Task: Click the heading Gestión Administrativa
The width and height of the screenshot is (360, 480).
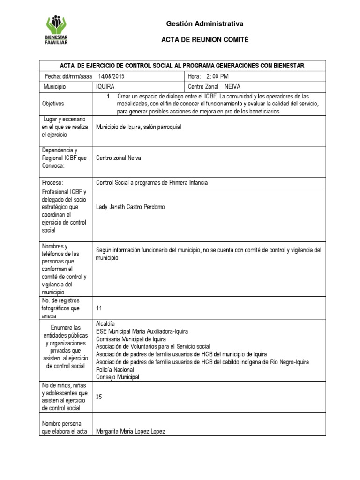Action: point(205,24)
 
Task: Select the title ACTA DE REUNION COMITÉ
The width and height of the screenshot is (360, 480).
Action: point(205,41)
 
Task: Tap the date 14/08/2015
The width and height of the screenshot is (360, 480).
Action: point(112,76)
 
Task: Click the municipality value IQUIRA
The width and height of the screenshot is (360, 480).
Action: point(105,87)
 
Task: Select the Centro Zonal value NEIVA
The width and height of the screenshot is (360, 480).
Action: point(232,87)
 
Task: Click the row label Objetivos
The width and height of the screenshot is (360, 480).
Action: point(53,103)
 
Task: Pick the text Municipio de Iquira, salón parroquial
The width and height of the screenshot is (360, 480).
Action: point(138,127)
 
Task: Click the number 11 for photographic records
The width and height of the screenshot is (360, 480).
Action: point(98,308)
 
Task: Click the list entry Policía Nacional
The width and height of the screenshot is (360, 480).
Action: point(115,369)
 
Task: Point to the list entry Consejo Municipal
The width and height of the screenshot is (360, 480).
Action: point(117,377)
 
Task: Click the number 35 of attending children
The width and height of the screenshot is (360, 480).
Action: point(99,397)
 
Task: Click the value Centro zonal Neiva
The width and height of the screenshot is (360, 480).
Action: point(118,158)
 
